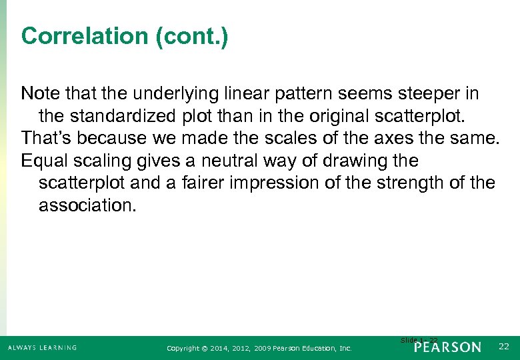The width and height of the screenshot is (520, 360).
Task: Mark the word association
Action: point(87,206)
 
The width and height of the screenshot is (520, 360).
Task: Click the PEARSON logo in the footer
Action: point(448,347)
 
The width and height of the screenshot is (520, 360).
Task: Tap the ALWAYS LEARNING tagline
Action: point(42,348)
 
